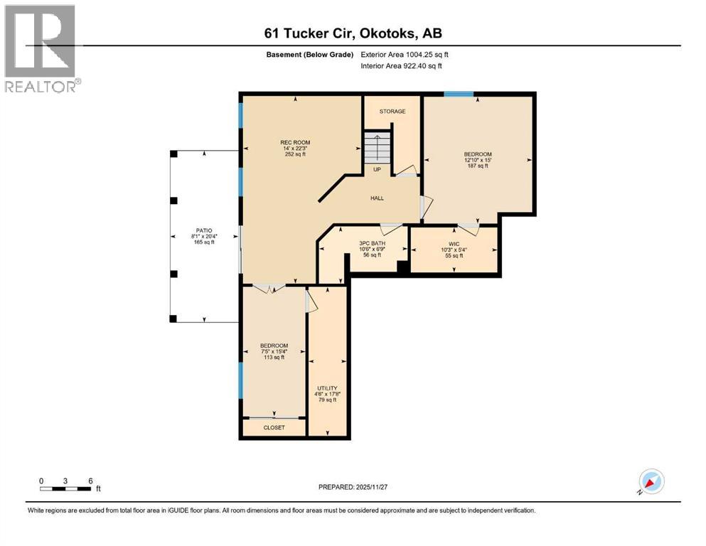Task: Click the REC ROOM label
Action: click(295, 142)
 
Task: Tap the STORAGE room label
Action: click(392, 111)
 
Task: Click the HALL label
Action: click(377, 198)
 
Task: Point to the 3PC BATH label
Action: click(373, 244)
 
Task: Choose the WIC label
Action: click(454, 244)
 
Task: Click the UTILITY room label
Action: click(327, 388)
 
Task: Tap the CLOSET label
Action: click(274, 427)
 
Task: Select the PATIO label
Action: click(204, 230)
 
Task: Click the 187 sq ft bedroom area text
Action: click(478, 166)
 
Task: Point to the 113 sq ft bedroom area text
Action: click(274, 358)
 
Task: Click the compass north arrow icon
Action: click(651, 481)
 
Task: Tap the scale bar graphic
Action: click(65, 488)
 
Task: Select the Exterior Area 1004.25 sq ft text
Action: click(405, 55)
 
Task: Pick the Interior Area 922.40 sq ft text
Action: click(401, 65)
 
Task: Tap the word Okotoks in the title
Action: click(387, 33)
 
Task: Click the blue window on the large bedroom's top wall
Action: click(459, 94)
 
